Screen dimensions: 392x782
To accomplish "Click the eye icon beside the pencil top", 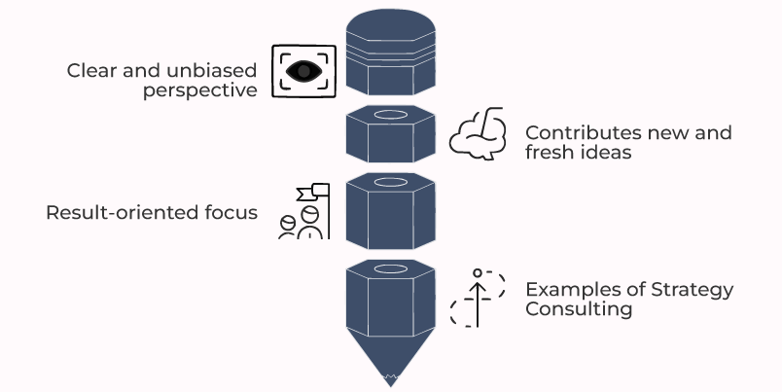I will [x=302, y=71].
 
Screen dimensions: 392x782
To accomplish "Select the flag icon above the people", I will [x=318, y=193].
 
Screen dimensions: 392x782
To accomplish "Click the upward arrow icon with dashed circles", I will [x=477, y=297].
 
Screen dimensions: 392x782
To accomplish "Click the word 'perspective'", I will [x=200, y=90].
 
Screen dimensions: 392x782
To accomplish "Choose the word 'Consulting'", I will [x=579, y=309].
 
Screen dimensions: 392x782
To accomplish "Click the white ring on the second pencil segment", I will [x=391, y=116].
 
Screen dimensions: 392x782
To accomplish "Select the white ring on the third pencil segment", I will [x=391, y=182].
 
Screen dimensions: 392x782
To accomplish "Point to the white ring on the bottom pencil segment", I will [x=391, y=267].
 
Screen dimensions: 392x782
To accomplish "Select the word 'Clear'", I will [x=89, y=71].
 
